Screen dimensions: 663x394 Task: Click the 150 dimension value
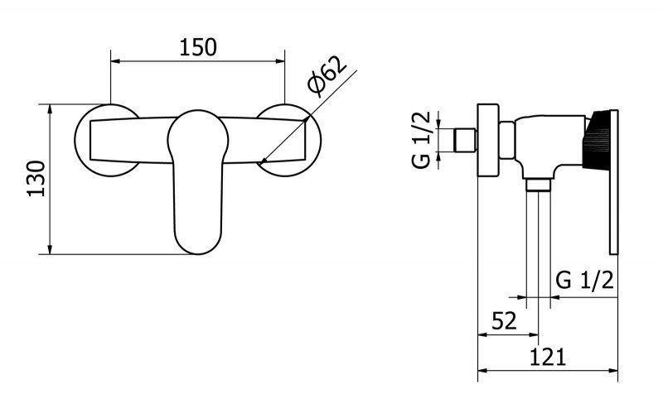pyautogui.click(x=198, y=47)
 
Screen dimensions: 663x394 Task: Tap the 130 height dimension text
pyautogui.click(x=36, y=179)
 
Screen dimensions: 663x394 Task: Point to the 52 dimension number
pyautogui.click(x=504, y=321)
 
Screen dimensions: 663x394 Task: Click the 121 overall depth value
pyautogui.click(x=548, y=358)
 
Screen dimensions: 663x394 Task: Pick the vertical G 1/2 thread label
pyautogui.click(x=422, y=140)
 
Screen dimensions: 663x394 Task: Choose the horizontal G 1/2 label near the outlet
pyautogui.click(x=584, y=280)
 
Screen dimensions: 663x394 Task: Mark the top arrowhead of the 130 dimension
pyautogui.click(x=50, y=109)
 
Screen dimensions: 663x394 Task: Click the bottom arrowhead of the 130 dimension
pyautogui.click(x=50, y=249)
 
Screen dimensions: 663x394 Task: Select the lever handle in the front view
pyautogui.click(x=198, y=182)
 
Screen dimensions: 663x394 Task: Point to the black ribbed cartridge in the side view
pyautogui.click(x=597, y=140)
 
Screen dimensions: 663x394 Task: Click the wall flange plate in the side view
pyautogui.click(x=488, y=139)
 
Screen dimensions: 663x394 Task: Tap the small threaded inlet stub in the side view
pyautogui.click(x=466, y=140)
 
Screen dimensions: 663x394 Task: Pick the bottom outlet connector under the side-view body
pyautogui.click(x=538, y=185)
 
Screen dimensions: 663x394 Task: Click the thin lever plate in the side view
pyautogui.click(x=614, y=182)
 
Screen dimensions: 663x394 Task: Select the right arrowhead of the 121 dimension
pyautogui.click(x=613, y=371)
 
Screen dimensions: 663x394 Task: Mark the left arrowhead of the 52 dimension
pyautogui.click(x=483, y=334)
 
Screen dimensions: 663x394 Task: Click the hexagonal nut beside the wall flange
pyautogui.click(x=506, y=140)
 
